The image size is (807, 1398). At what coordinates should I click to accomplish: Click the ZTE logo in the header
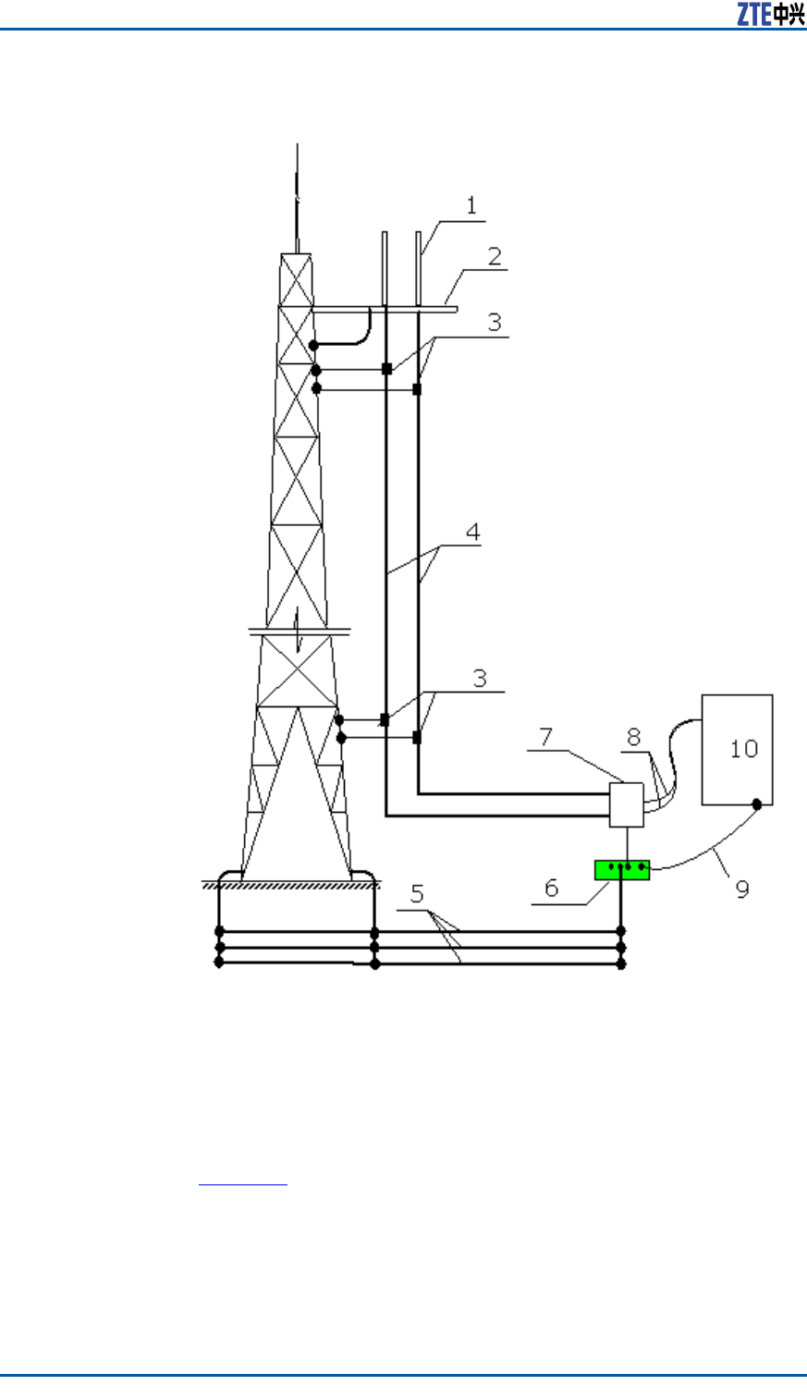point(770,14)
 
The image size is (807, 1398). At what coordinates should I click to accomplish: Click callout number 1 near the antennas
point(471,205)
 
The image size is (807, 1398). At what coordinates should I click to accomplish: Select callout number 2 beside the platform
point(495,256)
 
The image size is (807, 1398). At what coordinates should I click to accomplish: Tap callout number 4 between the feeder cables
point(472,532)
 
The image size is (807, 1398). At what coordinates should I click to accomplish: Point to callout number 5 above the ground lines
point(417,893)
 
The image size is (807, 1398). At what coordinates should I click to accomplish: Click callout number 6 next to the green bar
point(551,888)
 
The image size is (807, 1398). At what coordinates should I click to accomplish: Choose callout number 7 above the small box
point(546,737)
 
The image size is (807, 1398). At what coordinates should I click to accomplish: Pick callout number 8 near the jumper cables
point(634,737)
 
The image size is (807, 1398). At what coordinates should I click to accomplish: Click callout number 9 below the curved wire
point(741,889)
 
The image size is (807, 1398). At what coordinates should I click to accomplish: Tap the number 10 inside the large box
point(743,748)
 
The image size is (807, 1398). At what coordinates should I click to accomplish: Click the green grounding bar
point(622,869)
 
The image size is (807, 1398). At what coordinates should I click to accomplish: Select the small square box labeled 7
point(627,804)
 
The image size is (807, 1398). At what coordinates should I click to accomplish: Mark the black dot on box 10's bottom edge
point(757,804)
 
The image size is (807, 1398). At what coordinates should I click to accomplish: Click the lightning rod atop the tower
point(297,194)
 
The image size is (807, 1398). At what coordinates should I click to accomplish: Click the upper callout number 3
point(495,321)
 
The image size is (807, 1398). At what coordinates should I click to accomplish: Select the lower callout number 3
point(480,678)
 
